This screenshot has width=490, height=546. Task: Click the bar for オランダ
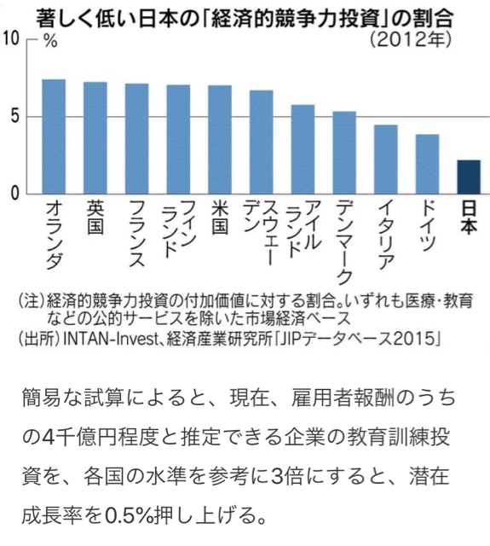tap(54, 136)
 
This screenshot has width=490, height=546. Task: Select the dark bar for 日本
tap(469, 177)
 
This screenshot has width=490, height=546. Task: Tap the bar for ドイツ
tap(428, 164)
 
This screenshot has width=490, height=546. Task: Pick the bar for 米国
tap(220, 140)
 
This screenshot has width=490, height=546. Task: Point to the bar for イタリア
tap(386, 160)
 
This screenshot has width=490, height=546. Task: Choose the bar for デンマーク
tap(344, 153)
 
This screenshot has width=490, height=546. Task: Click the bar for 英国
tap(95, 138)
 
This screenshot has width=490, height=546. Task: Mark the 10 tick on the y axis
tap(10, 39)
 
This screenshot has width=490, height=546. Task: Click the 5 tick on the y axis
tap(14, 117)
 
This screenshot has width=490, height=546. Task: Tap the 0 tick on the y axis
tap(14, 194)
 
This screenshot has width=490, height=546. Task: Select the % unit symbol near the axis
tap(50, 42)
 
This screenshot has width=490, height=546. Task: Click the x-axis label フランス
tap(137, 234)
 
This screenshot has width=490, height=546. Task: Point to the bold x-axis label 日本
tap(469, 218)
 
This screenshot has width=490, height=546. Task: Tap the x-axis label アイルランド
tap(303, 229)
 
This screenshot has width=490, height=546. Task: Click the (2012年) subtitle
tap(411, 40)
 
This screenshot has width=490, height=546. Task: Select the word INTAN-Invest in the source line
tap(111, 339)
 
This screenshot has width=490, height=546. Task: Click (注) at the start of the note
tap(32, 301)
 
